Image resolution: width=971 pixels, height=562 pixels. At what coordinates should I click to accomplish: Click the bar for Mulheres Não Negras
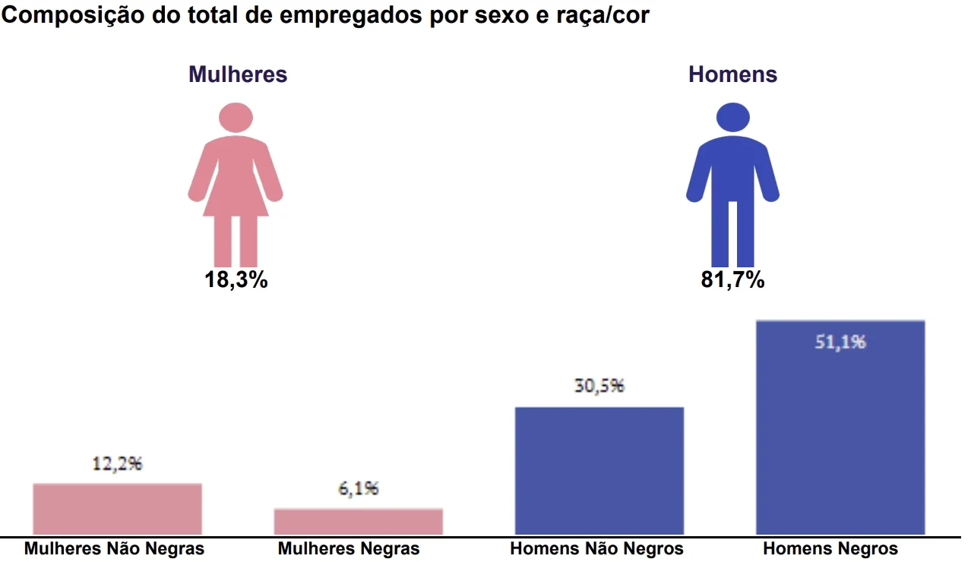click(x=117, y=509)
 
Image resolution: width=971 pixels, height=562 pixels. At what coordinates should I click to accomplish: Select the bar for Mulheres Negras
click(x=358, y=522)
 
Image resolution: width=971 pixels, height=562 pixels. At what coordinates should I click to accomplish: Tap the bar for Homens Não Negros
click(x=599, y=471)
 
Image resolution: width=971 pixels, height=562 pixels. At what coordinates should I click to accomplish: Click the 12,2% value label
click(x=117, y=464)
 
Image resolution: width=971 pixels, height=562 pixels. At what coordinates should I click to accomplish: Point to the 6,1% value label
click(x=358, y=489)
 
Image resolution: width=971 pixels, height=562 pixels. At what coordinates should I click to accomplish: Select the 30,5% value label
click(x=599, y=386)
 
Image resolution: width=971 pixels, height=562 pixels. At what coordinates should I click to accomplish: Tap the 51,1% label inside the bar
click(x=840, y=343)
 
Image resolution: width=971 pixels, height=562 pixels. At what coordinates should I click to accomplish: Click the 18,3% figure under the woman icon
click(x=236, y=280)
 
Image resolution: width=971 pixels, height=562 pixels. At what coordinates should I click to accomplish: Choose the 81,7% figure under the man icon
click(x=732, y=280)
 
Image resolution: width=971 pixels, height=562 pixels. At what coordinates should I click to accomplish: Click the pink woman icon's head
click(x=236, y=118)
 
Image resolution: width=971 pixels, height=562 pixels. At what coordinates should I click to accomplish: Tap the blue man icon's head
click(x=732, y=118)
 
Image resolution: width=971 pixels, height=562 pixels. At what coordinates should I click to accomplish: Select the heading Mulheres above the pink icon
click(x=238, y=74)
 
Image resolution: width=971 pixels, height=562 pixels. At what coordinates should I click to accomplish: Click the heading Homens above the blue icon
click(x=732, y=74)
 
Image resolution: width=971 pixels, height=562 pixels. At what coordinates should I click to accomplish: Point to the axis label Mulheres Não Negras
click(x=114, y=548)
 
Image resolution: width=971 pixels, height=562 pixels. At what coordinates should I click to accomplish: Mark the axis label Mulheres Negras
click(x=349, y=548)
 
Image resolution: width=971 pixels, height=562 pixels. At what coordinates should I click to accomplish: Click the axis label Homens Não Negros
click(x=596, y=548)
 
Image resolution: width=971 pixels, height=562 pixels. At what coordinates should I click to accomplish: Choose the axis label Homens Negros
click(x=830, y=548)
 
